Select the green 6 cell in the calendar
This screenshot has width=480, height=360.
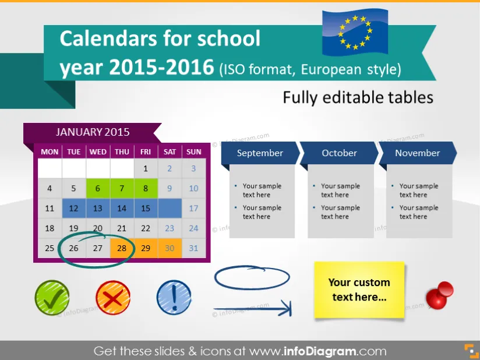click(x=98, y=188)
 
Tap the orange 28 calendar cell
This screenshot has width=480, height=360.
click(x=122, y=248)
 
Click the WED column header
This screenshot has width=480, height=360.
click(x=98, y=152)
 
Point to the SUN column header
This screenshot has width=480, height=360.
click(x=194, y=152)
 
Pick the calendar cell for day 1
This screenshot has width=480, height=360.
click(x=146, y=168)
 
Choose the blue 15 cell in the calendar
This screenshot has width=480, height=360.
click(x=146, y=209)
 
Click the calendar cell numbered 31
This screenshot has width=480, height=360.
click(x=193, y=248)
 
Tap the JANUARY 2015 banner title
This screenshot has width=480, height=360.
click(x=93, y=132)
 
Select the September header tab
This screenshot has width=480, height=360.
click(x=260, y=153)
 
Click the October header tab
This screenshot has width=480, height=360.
click(x=339, y=153)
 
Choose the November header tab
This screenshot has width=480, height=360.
click(x=418, y=153)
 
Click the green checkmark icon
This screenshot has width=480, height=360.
click(x=52, y=298)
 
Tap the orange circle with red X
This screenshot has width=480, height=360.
click(x=113, y=298)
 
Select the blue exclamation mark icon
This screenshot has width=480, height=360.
click(x=174, y=298)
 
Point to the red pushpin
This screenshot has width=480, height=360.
click(x=440, y=295)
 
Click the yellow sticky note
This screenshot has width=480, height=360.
click(x=359, y=290)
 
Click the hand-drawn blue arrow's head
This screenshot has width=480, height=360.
click(x=286, y=308)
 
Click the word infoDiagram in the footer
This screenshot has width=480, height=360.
click(x=320, y=351)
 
